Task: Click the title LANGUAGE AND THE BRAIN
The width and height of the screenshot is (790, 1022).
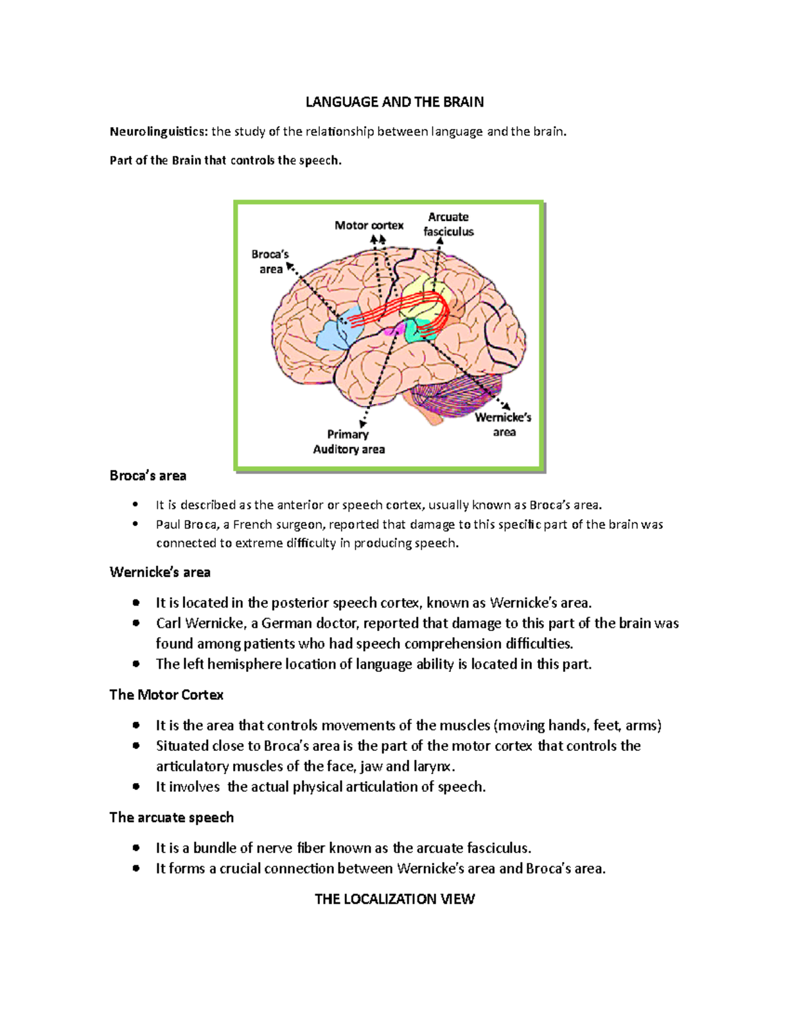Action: pyautogui.click(x=394, y=102)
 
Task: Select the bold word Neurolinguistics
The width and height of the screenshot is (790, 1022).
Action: pyautogui.click(x=158, y=132)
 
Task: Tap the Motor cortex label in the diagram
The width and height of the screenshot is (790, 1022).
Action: pyautogui.click(x=369, y=225)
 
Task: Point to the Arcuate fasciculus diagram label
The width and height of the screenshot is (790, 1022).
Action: pyautogui.click(x=448, y=224)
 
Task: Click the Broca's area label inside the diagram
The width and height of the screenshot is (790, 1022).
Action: pyautogui.click(x=270, y=261)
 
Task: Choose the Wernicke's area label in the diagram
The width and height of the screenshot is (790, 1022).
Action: pyautogui.click(x=504, y=424)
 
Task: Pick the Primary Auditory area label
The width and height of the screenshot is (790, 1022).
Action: pyautogui.click(x=349, y=442)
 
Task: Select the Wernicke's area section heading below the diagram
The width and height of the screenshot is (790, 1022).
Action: pyautogui.click(x=160, y=573)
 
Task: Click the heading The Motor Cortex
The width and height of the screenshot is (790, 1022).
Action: pyautogui.click(x=167, y=695)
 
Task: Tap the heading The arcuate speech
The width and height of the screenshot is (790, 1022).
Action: pyautogui.click(x=172, y=817)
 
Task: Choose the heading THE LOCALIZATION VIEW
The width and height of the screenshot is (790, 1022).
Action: pyautogui.click(x=394, y=899)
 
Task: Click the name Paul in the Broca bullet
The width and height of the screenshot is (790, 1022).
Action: pyautogui.click(x=167, y=524)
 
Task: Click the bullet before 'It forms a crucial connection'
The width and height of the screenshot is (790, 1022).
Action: pyautogui.click(x=136, y=868)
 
